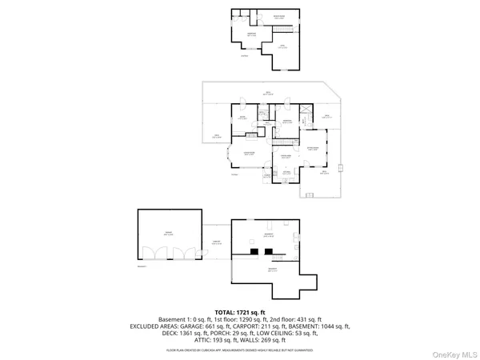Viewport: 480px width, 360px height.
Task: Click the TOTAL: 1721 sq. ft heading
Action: [240, 311]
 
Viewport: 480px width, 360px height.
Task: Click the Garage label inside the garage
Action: [169, 233]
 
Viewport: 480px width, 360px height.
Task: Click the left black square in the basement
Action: [254, 251]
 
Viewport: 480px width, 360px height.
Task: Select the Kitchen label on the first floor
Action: [286, 172]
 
